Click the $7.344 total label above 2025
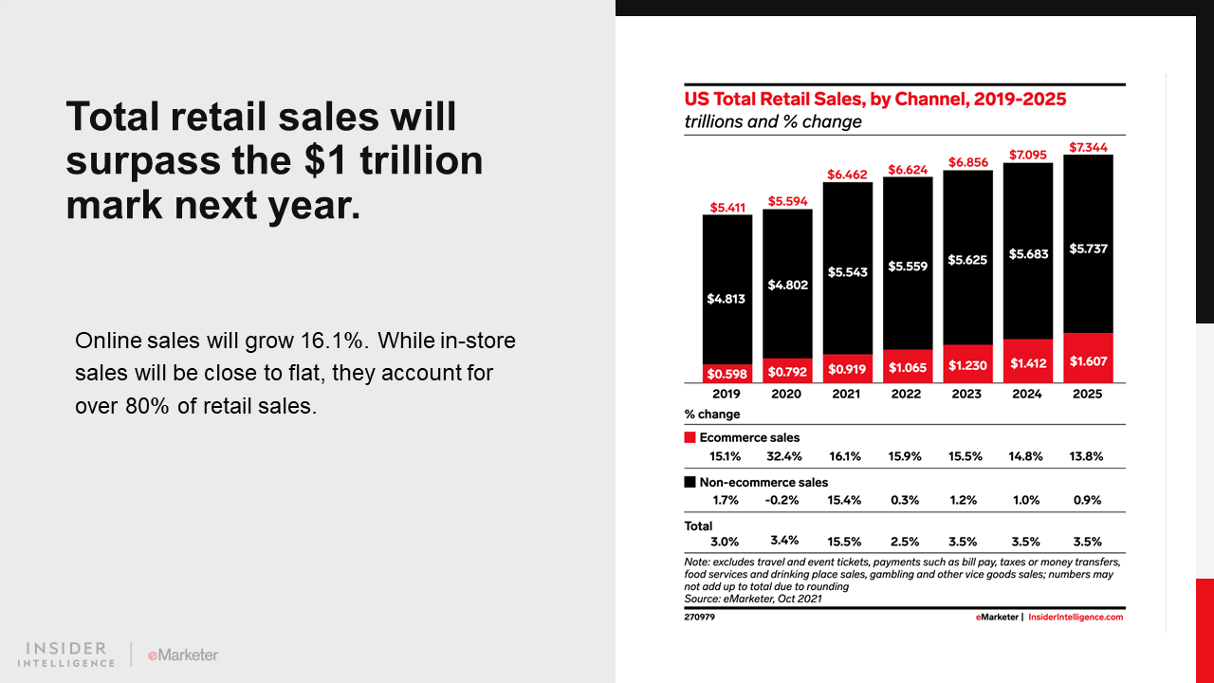1087,147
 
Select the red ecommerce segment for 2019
727,373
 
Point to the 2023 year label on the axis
966,394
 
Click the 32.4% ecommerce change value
785,456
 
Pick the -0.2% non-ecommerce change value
785,500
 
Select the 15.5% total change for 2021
845,542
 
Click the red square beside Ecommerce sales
690,438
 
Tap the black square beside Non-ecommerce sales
690,483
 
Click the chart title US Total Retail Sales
875,100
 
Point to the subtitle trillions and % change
773,121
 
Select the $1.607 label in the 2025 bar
1088,361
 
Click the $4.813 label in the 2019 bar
727,299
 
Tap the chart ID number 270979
699,617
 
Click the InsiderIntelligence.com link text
1076,617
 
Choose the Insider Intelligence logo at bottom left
65,655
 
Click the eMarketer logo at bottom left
183,655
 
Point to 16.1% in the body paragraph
275,341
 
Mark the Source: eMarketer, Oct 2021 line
753,599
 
